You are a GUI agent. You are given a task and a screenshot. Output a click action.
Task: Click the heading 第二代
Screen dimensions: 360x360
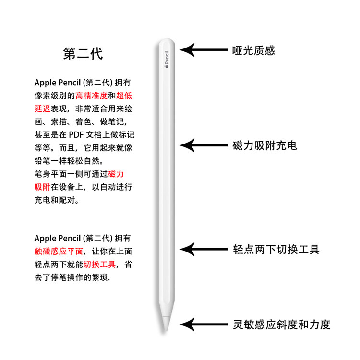pos(83,53)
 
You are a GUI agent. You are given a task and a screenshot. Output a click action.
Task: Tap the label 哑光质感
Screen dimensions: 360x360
pos(253,50)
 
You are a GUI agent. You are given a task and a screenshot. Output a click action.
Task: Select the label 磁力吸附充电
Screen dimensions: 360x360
pos(264,145)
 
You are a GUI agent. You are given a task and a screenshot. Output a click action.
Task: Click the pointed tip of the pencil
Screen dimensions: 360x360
pos(166,327)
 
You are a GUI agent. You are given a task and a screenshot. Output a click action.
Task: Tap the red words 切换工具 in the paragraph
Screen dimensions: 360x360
pos(100,264)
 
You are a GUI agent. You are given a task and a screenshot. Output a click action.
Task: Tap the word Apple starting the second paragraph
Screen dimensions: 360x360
pos(45,238)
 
